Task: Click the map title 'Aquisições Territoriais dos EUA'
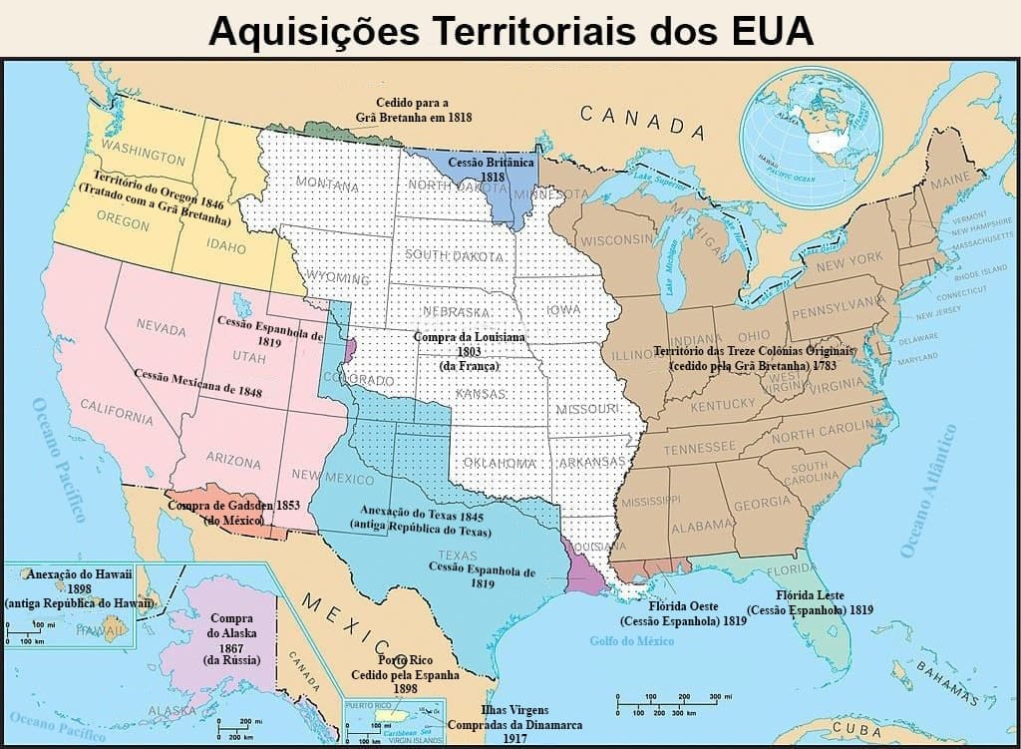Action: (x=510, y=30)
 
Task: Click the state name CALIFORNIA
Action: (x=117, y=411)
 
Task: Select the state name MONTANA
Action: (x=327, y=186)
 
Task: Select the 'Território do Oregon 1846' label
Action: (x=155, y=194)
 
